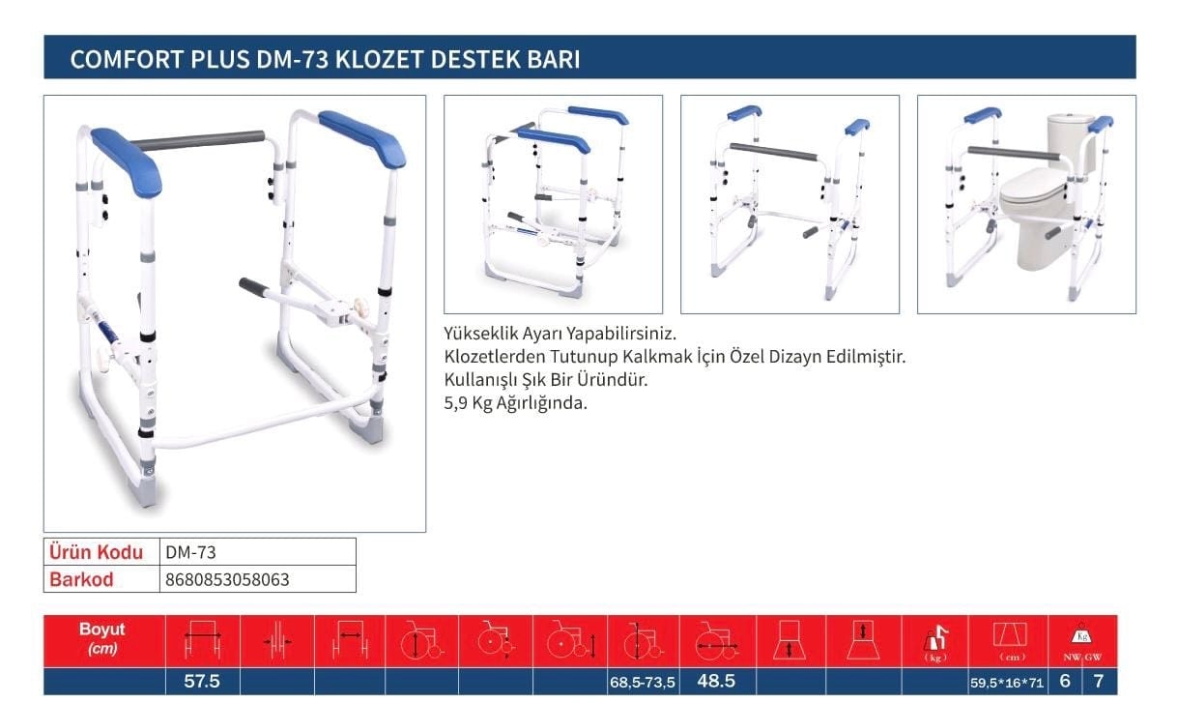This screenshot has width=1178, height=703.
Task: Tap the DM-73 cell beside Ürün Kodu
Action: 190,552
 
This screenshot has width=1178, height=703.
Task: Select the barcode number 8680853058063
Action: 227,579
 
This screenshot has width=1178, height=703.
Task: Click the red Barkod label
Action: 81,579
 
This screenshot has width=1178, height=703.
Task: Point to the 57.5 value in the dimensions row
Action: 202,682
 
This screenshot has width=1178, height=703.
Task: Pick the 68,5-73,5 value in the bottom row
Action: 642,683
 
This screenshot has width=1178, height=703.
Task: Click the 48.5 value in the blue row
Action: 716,681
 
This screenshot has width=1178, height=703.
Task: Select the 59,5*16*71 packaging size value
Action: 1007,683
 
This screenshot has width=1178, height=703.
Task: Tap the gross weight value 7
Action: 1099,682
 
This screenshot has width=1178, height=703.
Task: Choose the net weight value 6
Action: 1065,682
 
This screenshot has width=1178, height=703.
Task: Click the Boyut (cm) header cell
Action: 102,638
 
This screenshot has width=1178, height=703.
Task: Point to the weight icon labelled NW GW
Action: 1082,641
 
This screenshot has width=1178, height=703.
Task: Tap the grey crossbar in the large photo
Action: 197,140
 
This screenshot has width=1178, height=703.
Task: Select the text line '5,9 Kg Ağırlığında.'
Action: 515,403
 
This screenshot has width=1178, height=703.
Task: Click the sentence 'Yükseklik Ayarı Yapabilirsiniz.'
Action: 560,334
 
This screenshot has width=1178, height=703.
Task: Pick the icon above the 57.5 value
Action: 203,640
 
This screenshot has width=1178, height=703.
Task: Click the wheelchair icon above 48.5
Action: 717,640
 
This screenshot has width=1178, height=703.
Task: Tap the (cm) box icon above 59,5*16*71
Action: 1010,635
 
